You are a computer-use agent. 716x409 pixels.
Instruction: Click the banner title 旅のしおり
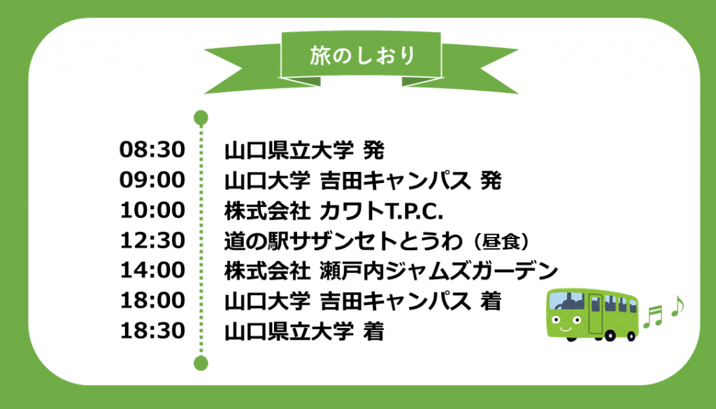coord(362,56)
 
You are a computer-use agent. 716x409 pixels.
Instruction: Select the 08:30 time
coord(152,150)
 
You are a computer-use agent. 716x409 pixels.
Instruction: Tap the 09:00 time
coord(152,180)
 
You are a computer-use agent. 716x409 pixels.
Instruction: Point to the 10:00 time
coord(152,210)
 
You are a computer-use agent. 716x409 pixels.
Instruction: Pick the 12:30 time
coord(152,240)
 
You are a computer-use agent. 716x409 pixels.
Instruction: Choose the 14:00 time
coord(152,271)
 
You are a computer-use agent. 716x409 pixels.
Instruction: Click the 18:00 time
coord(152,301)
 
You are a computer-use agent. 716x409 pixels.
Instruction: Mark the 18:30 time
coord(152,331)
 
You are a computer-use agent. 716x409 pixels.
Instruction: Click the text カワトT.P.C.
coord(381,210)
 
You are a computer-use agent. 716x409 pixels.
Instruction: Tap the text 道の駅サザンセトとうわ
coord(343,241)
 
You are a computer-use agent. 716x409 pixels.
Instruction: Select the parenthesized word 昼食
coord(502,241)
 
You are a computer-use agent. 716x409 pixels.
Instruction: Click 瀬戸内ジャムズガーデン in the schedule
coord(439,271)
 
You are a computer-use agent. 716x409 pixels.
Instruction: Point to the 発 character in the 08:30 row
coord(373,150)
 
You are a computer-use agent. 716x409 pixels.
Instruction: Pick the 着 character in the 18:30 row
coord(373,331)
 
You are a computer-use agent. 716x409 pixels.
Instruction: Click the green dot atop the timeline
coord(201,117)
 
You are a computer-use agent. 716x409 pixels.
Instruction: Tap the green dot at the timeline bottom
coord(201,364)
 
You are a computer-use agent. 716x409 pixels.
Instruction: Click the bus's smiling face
coord(565,322)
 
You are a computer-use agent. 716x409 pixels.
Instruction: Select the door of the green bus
coord(596,314)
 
